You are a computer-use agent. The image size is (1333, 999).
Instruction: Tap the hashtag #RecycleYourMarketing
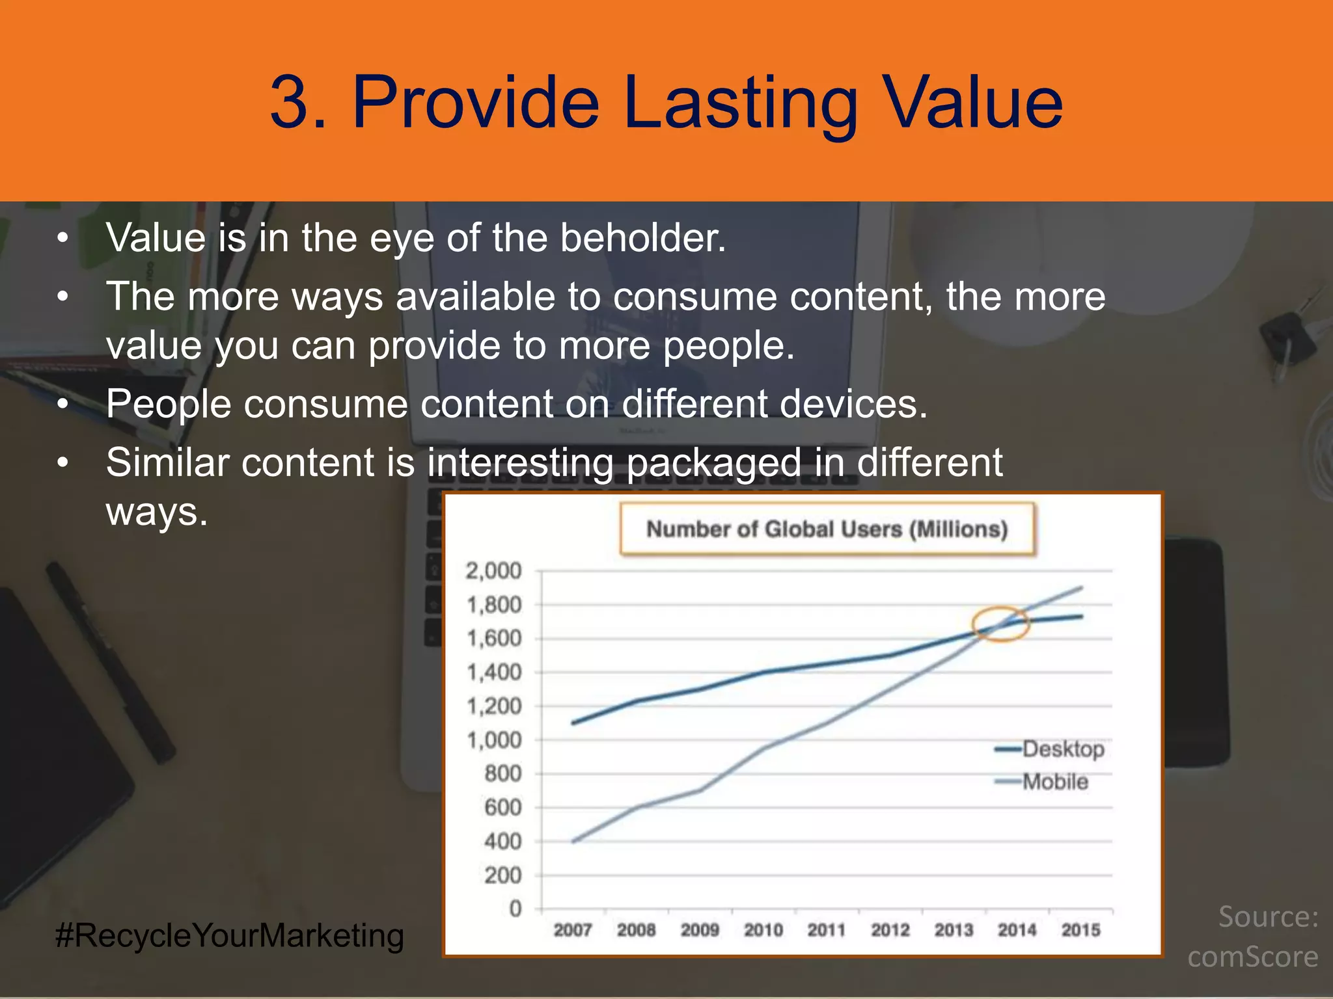point(230,936)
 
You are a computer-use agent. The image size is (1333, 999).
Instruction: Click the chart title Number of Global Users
point(827,529)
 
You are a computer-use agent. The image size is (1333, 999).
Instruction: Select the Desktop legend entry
point(1062,749)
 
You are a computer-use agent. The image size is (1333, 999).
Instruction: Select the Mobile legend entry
point(1054,781)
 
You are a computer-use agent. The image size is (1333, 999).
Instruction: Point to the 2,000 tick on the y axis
point(493,570)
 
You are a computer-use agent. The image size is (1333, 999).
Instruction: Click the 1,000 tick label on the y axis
point(493,739)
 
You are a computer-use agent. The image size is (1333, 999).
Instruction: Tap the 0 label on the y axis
point(515,909)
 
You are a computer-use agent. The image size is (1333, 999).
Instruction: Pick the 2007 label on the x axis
point(572,930)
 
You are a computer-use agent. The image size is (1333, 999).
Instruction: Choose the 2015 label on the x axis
point(1080,930)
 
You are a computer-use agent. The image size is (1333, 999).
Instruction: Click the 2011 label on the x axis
point(826,930)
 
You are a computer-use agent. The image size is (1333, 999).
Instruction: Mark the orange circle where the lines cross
point(1000,624)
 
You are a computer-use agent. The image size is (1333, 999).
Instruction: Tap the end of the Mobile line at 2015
point(1081,587)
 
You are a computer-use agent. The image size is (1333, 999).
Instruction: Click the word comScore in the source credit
point(1252,957)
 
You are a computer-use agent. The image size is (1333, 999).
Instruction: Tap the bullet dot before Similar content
point(62,463)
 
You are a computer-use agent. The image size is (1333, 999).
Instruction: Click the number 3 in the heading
point(290,103)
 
